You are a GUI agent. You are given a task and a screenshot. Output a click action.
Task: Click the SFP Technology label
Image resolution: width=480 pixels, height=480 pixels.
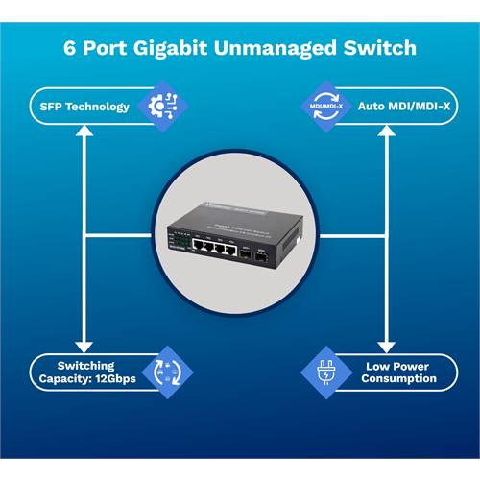(84, 106)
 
